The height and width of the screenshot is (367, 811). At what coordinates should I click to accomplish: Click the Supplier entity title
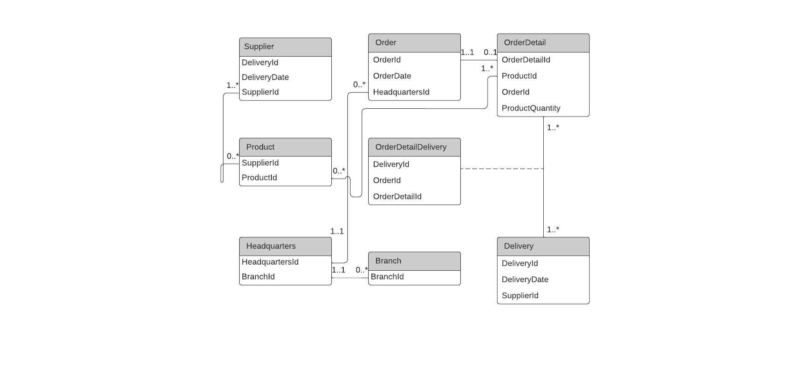pos(259,47)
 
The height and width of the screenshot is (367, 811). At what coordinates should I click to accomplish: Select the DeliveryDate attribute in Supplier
pos(265,77)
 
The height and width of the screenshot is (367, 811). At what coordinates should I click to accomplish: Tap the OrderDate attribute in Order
pos(392,76)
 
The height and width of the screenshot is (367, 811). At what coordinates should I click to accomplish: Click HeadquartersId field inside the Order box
pos(401,92)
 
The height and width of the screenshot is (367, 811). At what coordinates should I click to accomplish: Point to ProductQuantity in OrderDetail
pos(531,108)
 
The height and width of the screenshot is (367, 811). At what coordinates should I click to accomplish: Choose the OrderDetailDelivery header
pos(411,147)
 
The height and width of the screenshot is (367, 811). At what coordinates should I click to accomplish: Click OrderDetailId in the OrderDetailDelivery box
pos(397,197)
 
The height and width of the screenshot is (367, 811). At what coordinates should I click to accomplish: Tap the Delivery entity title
pos(518,246)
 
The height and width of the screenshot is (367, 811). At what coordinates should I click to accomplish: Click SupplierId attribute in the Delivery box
pos(520,296)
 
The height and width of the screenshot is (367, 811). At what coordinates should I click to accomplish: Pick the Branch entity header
pos(388,261)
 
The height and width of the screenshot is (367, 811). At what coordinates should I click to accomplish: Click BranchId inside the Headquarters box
pos(258,277)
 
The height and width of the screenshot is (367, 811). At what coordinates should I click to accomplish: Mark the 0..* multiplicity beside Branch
pos(362,270)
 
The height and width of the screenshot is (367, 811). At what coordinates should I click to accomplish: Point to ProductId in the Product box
pos(259,178)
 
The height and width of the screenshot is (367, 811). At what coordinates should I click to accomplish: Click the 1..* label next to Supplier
pos(233,85)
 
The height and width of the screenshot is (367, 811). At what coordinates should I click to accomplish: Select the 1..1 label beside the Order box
pos(467,52)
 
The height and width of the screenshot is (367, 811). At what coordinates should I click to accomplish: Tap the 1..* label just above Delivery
pos(553,229)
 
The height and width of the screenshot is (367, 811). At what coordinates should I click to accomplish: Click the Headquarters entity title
pos(270,246)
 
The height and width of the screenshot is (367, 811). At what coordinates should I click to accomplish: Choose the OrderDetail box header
pos(524,42)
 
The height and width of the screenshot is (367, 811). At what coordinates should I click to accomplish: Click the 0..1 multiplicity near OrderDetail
pos(490,52)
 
